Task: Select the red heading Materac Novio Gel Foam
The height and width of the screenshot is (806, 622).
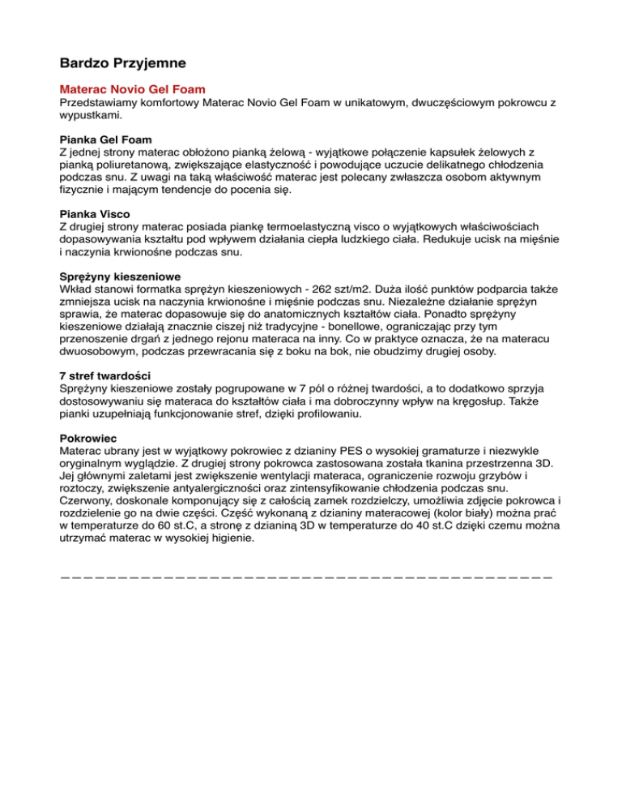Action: (x=133, y=88)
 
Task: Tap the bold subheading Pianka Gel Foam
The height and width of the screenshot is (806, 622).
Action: (x=106, y=139)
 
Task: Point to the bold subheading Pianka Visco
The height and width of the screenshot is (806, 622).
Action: (x=95, y=214)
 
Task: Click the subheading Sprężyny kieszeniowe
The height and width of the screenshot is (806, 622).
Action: (x=121, y=276)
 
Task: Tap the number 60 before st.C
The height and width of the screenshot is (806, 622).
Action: (x=189, y=526)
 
